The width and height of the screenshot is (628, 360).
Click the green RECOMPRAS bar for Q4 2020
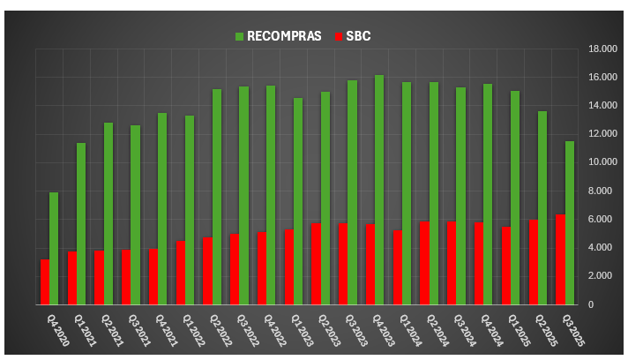pos(54,248)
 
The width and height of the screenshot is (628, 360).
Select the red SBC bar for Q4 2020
pos(44,281)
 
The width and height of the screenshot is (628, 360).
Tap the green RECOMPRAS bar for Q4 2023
pos(379,190)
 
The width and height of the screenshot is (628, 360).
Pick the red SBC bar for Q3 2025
pos(560,259)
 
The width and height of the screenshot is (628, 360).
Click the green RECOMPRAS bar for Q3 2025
pos(570,222)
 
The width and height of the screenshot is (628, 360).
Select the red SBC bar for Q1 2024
pos(397,267)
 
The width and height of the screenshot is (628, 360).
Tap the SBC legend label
pos(357,36)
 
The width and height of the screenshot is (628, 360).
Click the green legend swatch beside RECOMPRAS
pos(239,36)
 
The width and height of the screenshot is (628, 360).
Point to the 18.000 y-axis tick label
pos(593,49)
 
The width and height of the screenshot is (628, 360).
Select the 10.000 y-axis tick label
pos(593,162)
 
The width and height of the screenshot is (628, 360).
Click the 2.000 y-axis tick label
pos(594,276)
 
